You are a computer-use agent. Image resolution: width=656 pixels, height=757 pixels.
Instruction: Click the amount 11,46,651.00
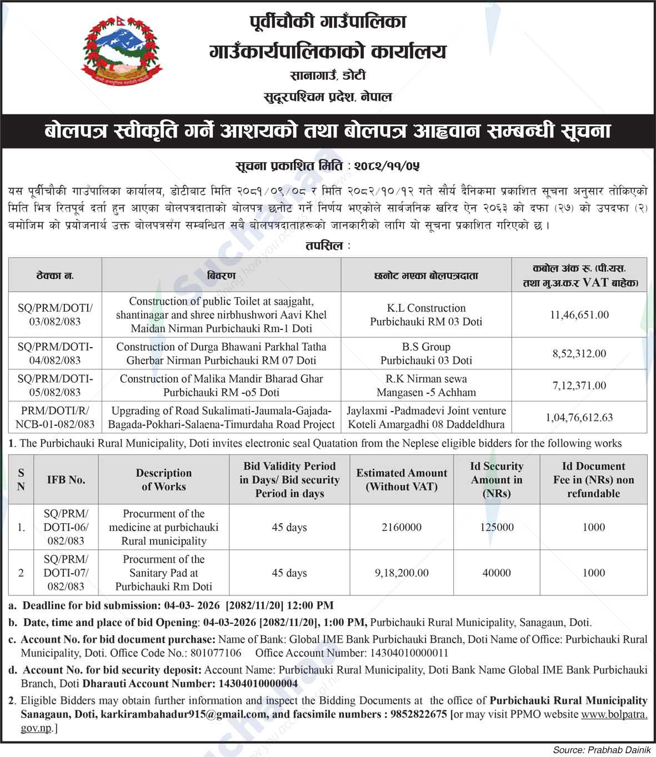pyautogui.click(x=579, y=315)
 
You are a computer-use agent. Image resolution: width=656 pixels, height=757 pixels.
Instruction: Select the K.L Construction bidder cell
pyautogui.click(x=426, y=315)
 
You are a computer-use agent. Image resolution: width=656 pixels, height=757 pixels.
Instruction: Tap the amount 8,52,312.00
pyautogui.click(x=579, y=354)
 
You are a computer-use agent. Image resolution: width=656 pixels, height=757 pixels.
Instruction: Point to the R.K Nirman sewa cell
pyautogui.click(x=426, y=385)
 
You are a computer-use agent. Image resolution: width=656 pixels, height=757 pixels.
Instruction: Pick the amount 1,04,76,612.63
pyautogui.click(x=579, y=418)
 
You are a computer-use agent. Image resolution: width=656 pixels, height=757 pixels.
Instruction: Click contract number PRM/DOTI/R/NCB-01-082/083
pyautogui.click(x=55, y=418)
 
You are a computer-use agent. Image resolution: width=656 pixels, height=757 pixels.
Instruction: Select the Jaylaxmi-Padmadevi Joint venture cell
pyautogui.click(x=426, y=418)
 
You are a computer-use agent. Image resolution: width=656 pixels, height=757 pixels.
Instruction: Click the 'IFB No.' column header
pyautogui.click(x=66, y=480)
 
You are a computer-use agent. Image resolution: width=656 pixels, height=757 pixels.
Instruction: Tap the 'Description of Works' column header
pyautogui.click(x=164, y=480)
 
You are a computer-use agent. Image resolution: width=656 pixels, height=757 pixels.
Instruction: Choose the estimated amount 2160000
pyautogui.click(x=401, y=527)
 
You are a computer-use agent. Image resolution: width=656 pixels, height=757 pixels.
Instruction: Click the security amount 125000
pyautogui.click(x=497, y=527)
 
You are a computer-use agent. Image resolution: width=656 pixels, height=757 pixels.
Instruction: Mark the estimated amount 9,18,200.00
pyautogui.click(x=401, y=573)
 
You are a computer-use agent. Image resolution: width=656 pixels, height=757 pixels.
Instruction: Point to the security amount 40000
pyautogui.click(x=497, y=573)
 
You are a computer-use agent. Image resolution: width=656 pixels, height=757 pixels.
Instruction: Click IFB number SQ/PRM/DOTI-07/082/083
pyautogui.click(x=66, y=573)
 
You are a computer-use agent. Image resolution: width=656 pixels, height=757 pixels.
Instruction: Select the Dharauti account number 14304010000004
pyautogui.click(x=258, y=684)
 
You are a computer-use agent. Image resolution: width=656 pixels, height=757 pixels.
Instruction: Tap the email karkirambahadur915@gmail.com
pyautogui.click(x=183, y=714)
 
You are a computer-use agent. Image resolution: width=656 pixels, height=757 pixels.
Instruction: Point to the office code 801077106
pyautogui.click(x=216, y=653)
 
